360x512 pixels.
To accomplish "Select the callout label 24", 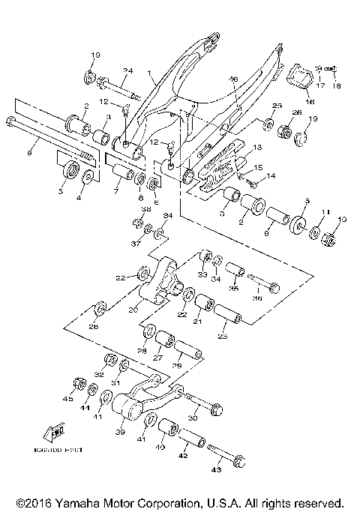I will click(127, 71).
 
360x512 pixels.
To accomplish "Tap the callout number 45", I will click(67, 399).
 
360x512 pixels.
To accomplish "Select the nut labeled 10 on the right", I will click(327, 240).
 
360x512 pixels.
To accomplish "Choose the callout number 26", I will click(296, 112).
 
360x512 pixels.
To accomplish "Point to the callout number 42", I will click(182, 454).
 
